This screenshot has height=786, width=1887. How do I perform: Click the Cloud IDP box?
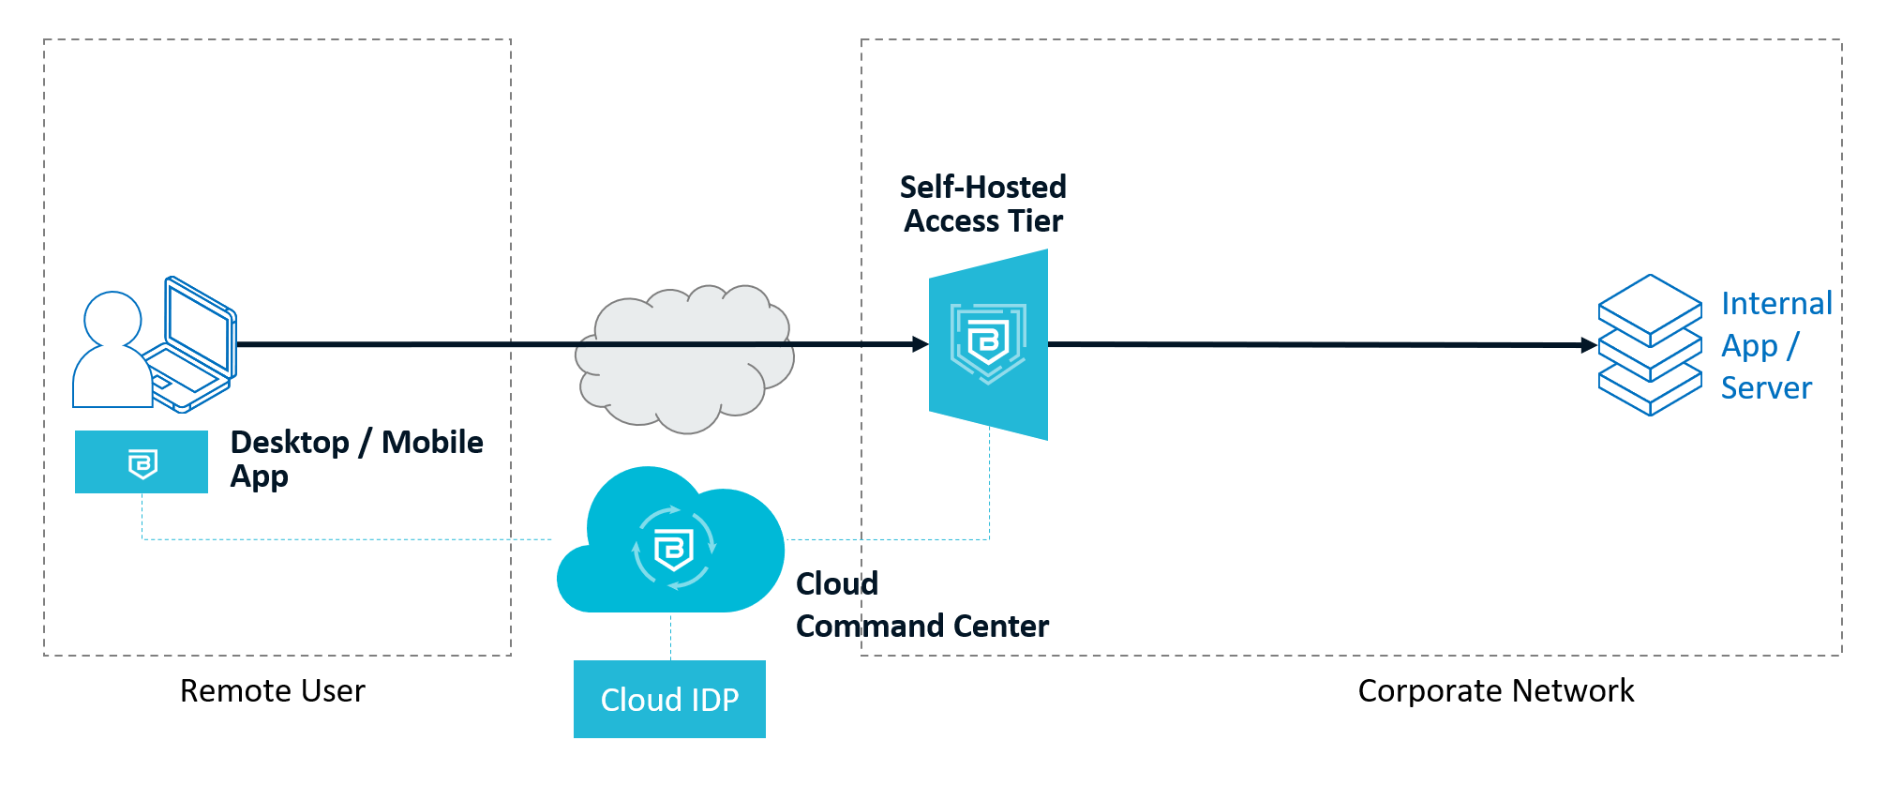[669, 699]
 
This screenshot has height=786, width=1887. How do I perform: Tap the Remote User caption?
[272, 690]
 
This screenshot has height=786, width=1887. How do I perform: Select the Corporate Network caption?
[1495, 690]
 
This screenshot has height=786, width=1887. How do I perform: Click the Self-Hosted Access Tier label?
[983, 204]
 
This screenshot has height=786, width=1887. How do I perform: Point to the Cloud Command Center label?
[921, 605]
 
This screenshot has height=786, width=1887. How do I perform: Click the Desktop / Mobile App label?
[356, 459]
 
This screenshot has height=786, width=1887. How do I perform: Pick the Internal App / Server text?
[1775, 345]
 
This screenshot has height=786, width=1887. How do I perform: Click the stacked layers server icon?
[1650, 345]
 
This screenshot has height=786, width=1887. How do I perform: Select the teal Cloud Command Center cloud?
[670, 544]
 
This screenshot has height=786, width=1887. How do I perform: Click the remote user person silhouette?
[112, 352]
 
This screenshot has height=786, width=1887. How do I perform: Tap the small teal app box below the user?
[142, 461]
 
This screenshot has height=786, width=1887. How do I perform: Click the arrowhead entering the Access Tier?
[921, 344]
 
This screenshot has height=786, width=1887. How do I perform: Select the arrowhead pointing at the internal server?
[1589, 345]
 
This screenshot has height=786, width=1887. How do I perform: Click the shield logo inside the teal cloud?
[673, 548]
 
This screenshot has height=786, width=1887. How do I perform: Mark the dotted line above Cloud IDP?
[670, 637]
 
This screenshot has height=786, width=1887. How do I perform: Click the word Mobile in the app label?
[432, 442]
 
